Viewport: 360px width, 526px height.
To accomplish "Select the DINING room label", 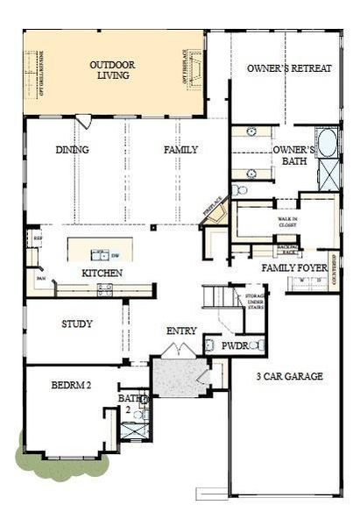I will click(72, 150).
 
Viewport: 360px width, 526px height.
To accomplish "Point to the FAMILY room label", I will click(180, 150).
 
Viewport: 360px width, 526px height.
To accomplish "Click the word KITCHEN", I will click(102, 274).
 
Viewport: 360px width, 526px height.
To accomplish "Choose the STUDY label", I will click(77, 323).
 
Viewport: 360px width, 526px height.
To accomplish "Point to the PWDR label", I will click(234, 346).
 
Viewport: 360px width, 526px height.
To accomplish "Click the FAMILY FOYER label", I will click(293, 267).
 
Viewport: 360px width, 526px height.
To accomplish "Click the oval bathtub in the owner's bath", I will click(327, 143).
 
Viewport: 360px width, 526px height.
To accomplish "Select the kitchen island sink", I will click(100, 255).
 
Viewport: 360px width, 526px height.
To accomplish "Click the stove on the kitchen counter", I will click(104, 289).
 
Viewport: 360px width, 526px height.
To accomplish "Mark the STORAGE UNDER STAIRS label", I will click(255, 302).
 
